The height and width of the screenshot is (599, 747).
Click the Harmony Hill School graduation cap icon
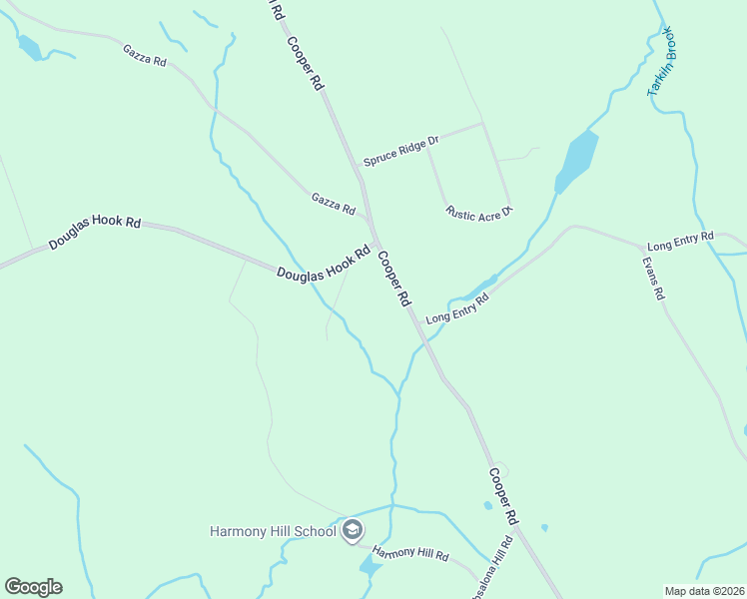click(352, 530)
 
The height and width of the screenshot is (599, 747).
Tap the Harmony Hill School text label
click(273, 531)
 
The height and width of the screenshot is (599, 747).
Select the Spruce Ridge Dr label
click(400, 151)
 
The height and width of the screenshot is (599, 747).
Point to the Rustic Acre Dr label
click(479, 212)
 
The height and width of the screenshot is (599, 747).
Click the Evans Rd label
click(653, 279)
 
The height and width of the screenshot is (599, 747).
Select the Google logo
click(33, 587)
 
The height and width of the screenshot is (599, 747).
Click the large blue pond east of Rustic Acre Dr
click(576, 161)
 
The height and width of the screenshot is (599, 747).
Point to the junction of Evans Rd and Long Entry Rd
click(642, 245)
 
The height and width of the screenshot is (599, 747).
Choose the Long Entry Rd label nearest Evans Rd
click(680, 241)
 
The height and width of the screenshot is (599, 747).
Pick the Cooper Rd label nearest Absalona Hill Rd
click(503, 496)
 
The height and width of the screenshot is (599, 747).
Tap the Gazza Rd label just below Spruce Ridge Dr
click(334, 205)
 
